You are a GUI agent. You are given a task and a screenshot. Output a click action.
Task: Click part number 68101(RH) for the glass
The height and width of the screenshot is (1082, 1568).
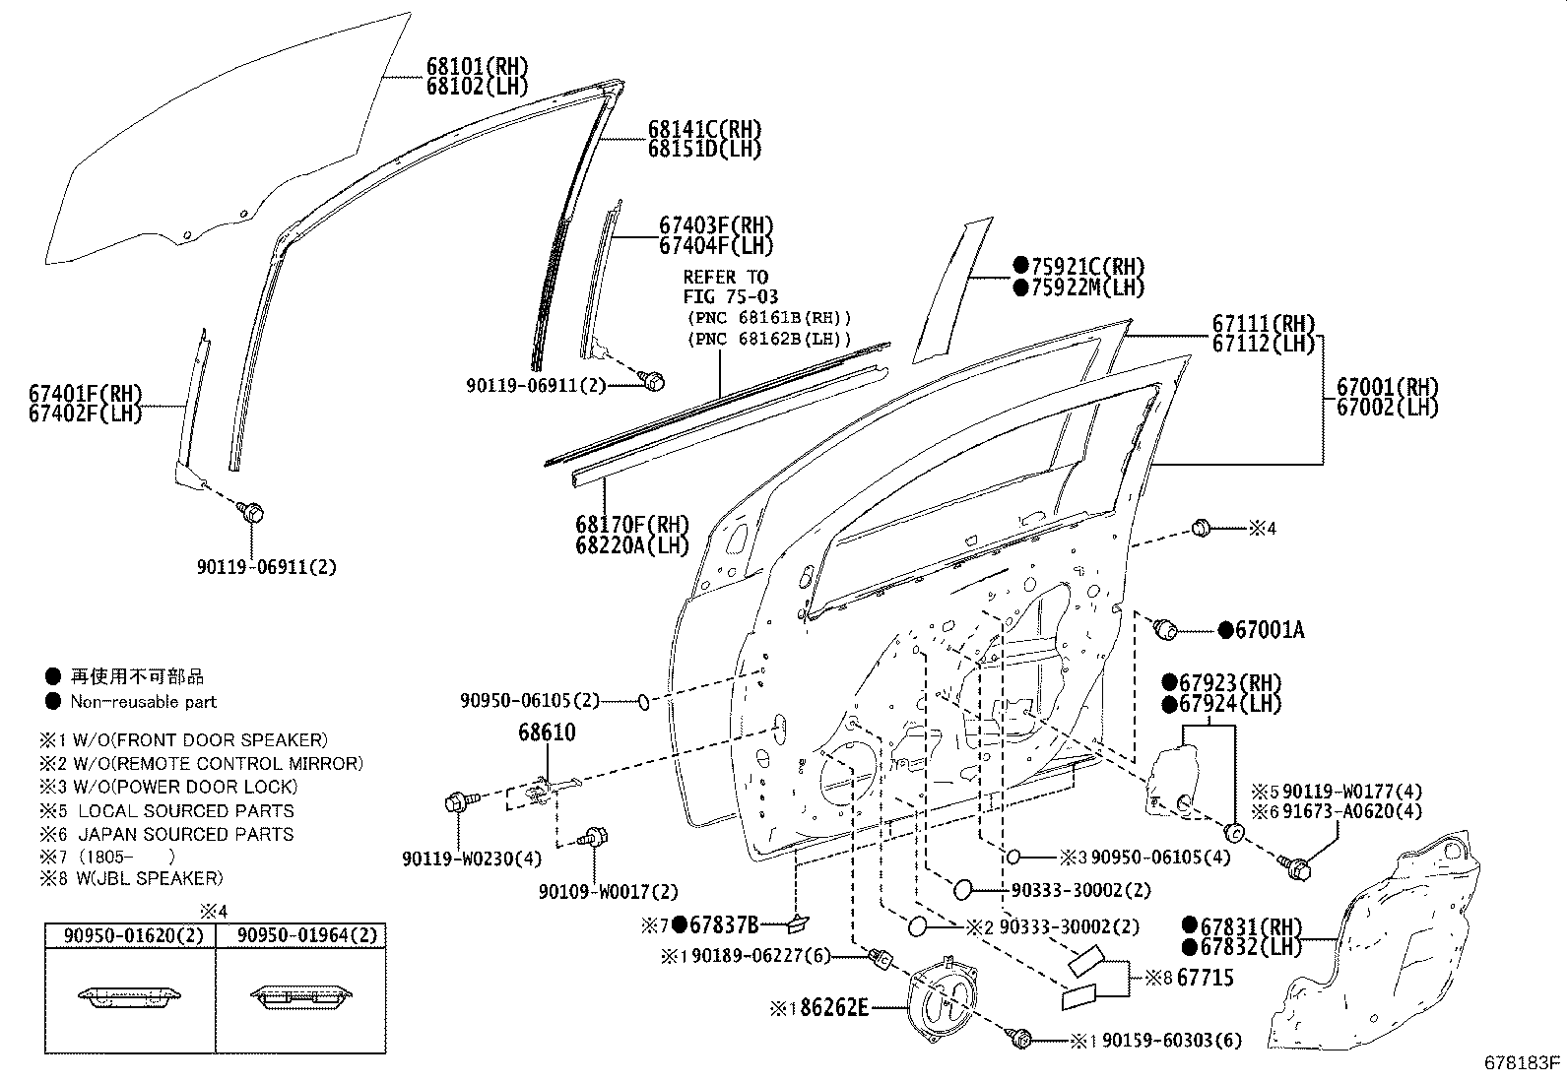click(x=477, y=67)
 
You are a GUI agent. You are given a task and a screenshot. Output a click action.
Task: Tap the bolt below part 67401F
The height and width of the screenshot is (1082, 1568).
click(x=251, y=512)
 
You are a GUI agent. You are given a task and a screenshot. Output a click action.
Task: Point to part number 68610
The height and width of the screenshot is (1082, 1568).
click(x=548, y=732)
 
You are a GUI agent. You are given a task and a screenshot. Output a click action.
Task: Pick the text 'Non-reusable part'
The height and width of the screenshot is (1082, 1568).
click(x=143, y=702)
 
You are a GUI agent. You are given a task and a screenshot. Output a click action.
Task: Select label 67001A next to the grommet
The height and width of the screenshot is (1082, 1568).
click(x=1269, y=630)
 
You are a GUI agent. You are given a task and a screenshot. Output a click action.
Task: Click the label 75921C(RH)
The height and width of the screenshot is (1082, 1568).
click(x=1089, y=266)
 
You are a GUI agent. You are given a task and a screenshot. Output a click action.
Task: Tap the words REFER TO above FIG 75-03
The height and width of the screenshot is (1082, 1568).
click(x=725, y=277)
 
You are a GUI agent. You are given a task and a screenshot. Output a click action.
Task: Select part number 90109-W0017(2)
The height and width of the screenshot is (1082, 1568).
click(x=608, y=891)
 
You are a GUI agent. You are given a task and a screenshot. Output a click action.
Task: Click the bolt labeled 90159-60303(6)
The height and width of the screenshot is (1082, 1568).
click(x=1021, y=1037)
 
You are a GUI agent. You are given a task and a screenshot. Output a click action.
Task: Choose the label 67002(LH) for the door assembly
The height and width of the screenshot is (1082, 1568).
click(x=1388, y=406)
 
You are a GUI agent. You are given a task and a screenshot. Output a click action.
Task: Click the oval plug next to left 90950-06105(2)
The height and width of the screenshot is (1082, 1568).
click(x=641, y=701)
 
